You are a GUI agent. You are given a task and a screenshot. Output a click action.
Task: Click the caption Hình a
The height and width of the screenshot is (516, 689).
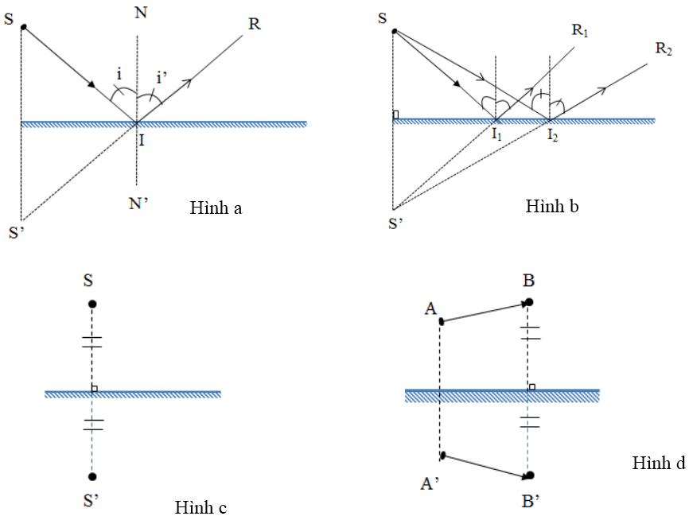pos(216,209)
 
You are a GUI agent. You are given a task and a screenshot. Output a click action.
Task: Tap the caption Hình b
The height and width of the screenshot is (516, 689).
pos(552,207)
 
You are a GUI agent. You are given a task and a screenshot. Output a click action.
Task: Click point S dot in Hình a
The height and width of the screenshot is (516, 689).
pos(24,28)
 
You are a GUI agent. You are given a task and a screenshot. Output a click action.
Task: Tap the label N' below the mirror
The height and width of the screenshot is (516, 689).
pos(140,202)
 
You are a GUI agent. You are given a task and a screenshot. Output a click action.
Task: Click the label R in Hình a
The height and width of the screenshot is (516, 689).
pos(254,23)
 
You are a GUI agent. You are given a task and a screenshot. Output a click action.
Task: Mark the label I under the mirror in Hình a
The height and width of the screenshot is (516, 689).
pos(141,141)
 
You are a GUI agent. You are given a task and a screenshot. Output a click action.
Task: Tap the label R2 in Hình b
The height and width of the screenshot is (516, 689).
pos(664,48)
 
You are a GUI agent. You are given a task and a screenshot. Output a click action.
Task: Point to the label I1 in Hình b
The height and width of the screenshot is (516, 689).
pos(496,136)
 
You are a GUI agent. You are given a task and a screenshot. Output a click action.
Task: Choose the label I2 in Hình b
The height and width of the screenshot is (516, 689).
pos(551,136)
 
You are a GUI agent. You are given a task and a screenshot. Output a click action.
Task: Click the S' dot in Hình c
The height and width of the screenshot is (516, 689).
pos(92,477)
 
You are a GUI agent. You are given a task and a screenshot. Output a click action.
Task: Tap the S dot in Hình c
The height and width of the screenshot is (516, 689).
pos(92,304)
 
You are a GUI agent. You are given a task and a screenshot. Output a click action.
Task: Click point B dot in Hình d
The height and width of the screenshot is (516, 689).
pos(529,302)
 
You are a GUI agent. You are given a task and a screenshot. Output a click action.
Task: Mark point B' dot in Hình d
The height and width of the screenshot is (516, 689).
pos(529,476)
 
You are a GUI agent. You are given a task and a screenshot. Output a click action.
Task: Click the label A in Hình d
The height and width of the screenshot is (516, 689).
pos(430,308)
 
